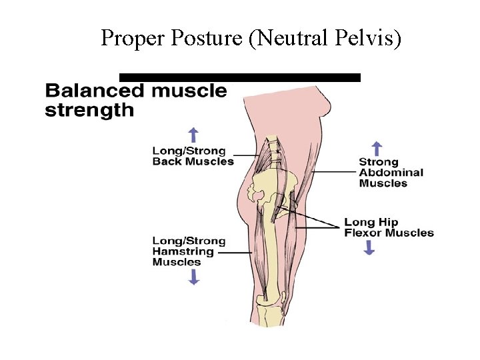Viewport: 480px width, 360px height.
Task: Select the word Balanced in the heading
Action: (x=93, y=91)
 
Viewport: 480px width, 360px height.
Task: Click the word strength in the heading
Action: (x=89, y=109)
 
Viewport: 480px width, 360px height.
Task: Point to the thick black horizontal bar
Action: (x=239, y=77)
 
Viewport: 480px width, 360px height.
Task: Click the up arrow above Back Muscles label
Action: (x=194, y=134)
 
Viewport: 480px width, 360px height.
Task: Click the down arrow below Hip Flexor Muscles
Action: (x=369, y=247)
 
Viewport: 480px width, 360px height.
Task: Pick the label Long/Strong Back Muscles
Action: (x=193, y=156)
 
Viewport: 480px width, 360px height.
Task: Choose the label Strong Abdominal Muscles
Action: (x=391, y=172)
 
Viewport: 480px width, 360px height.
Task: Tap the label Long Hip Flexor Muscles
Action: (x=389, y=227)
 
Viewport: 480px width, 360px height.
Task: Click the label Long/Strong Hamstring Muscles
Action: (x=189, y=251)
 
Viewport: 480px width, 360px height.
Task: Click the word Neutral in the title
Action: (x=287, y=39)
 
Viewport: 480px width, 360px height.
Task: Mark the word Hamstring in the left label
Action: (x=183, y=251)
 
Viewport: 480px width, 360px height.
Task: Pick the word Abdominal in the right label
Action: (x=391, y=172)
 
